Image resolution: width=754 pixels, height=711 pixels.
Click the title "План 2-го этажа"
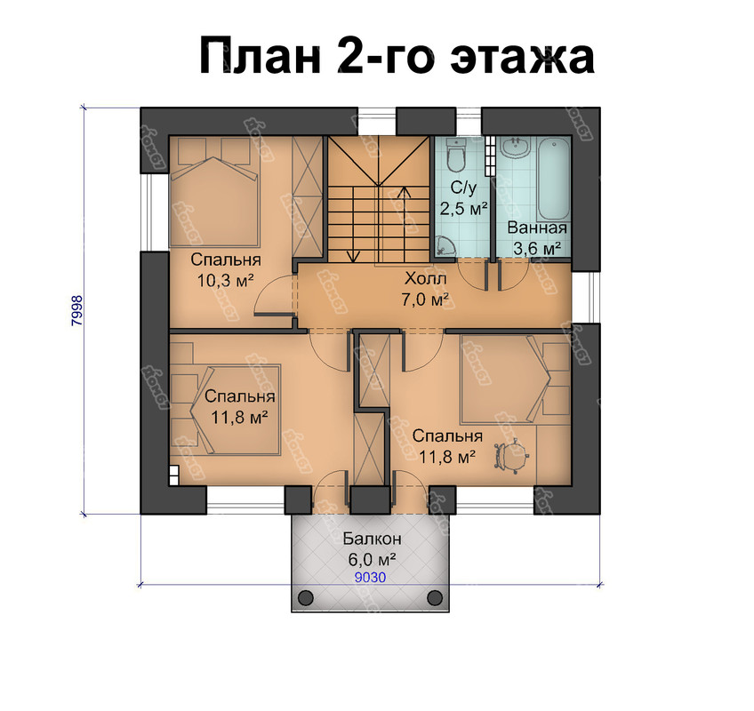(x=397, y=55)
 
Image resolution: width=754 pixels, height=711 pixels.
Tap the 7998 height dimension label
(x=77, y=311)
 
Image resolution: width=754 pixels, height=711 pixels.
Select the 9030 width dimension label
(x=370, y=578)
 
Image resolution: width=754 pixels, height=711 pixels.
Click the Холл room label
(x=425, y=278)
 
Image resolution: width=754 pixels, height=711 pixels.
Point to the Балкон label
(x=372, y=539)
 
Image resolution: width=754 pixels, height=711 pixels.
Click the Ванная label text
(x=537, y=228)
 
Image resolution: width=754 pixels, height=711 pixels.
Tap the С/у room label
(x=463, y=188)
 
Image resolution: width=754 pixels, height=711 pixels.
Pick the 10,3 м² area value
(x=225, y=280)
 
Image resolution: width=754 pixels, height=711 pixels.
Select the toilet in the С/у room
(x=455, y=154)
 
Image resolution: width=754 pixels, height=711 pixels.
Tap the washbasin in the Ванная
(x=515, y=148)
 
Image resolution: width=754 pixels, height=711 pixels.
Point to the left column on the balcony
(x=306, y=597)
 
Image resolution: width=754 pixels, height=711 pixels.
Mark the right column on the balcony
(x=435, y=597)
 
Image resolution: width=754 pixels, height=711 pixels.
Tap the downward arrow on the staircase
(x=354, y=225)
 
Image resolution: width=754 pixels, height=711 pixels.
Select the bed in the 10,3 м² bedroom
(x=215, y=192)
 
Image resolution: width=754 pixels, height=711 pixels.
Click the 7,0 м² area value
(x=425, y=300)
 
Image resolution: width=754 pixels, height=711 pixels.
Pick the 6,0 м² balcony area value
(x=372, y=560)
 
